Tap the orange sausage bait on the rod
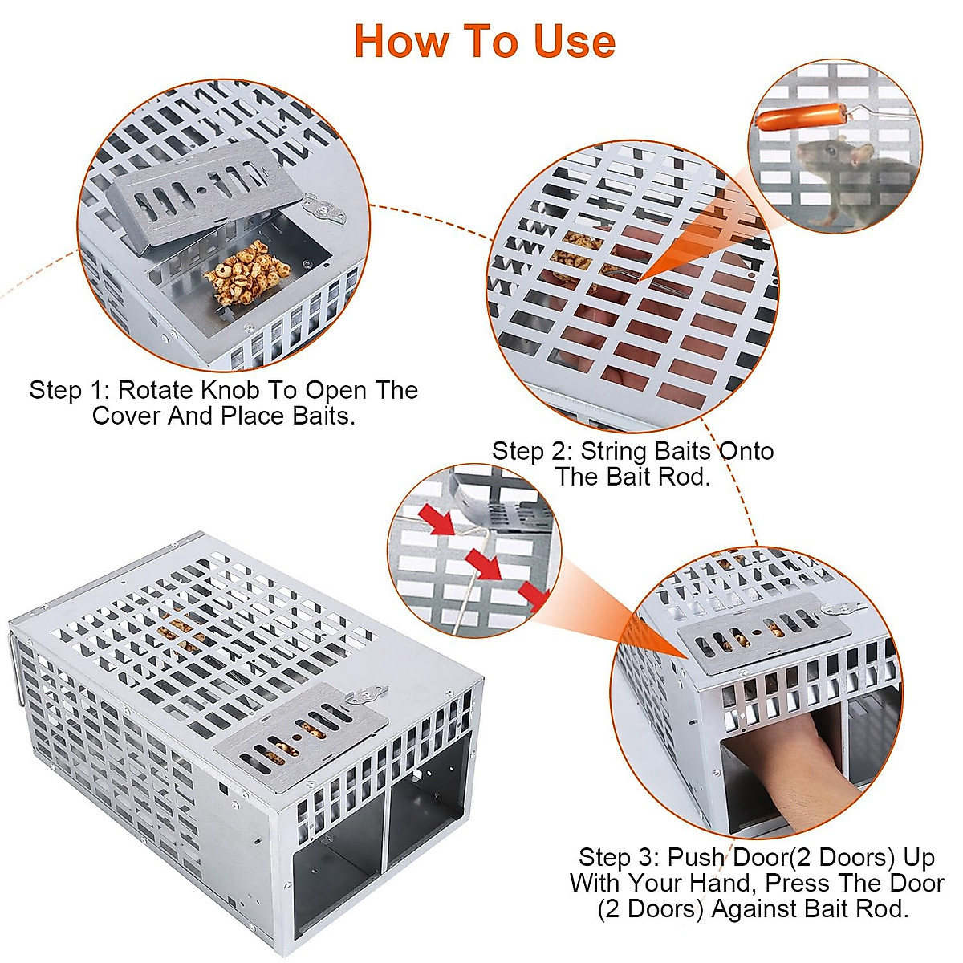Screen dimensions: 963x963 [x=794, y=117]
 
